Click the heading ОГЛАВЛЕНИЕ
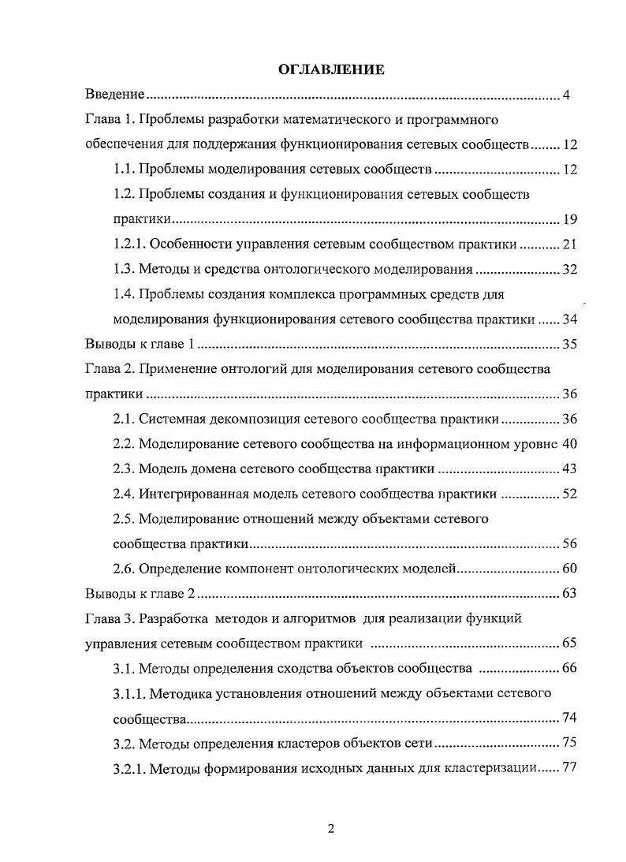click(331, 70)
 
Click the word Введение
click(114, 95)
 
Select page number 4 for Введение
click(566, 95)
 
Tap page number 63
click(569, 594)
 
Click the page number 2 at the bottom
click(331, 829)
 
